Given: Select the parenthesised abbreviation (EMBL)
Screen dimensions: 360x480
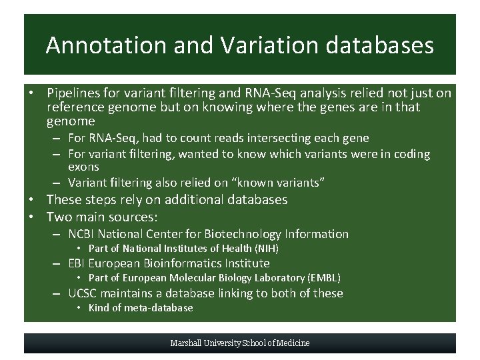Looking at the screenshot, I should [x=325, y=278].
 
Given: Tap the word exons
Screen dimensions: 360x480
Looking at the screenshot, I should [x=83, y=167].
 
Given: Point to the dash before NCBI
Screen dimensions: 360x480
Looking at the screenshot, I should [x=59, y=234].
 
